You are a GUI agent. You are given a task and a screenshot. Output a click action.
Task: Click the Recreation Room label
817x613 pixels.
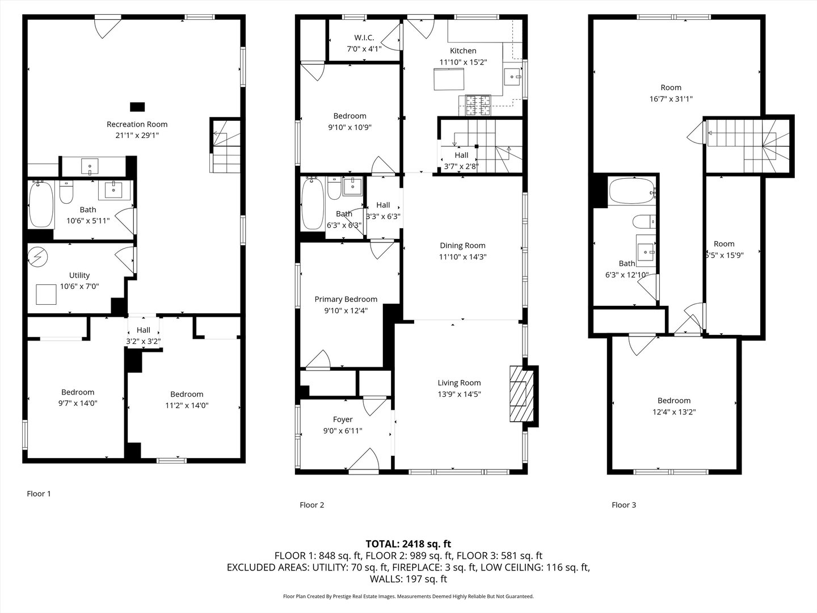point(137,124)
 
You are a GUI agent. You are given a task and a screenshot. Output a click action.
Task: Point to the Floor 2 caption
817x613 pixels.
point(311,505)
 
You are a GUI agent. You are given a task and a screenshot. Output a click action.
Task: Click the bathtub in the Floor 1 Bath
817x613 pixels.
point(41,204)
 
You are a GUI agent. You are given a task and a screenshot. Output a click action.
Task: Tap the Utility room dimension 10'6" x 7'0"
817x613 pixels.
point(79,286)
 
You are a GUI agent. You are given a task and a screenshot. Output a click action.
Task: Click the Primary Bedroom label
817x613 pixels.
point(346,299)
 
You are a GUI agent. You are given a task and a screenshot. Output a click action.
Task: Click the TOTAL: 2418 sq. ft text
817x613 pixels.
point(408,544)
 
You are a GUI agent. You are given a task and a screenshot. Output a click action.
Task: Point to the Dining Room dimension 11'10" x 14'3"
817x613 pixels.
point(462,257)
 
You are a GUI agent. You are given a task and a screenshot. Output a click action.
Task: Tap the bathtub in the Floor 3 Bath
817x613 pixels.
point(631,192)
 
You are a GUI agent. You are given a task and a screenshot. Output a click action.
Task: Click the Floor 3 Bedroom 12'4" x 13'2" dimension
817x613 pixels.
point(674,412)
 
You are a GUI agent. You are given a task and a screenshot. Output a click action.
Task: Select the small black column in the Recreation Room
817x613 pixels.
point(137,106)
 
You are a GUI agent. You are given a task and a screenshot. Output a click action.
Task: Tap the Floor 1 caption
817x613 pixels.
point(39,493)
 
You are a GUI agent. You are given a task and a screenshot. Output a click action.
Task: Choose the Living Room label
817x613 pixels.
point(459,383)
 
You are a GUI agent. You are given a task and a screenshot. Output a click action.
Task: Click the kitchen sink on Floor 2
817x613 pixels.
point(514,74)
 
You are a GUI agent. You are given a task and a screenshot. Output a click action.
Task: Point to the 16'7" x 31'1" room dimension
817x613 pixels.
point(671,99)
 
